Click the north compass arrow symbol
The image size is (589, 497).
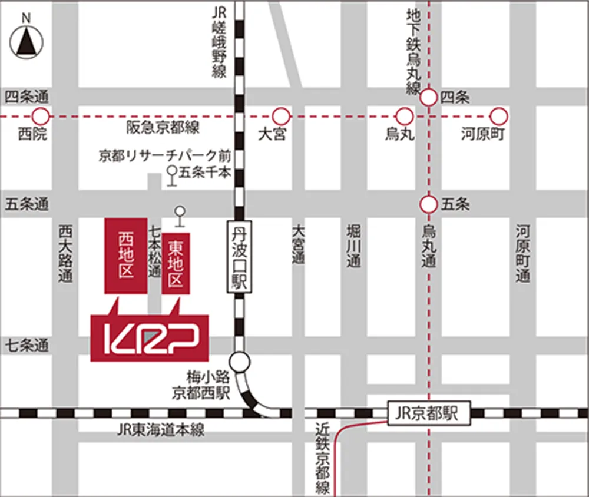tap(26, 41)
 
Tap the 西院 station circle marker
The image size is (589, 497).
tap(40, 116)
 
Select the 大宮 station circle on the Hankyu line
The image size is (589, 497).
tap(282, 116)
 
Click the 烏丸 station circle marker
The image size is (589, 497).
tap(404, 116)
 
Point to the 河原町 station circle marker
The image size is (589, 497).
tap(499, 116)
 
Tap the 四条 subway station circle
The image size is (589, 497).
tap(428, 97)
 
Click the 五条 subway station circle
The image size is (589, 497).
tap(428, 205)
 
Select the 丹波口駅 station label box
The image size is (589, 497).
tap(239, 256)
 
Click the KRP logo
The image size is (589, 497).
tap(150, 338)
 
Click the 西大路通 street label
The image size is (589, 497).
tap(65, 253)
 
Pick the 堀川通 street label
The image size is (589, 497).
tap(353, 246)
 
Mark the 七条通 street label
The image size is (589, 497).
tap(27, 346)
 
